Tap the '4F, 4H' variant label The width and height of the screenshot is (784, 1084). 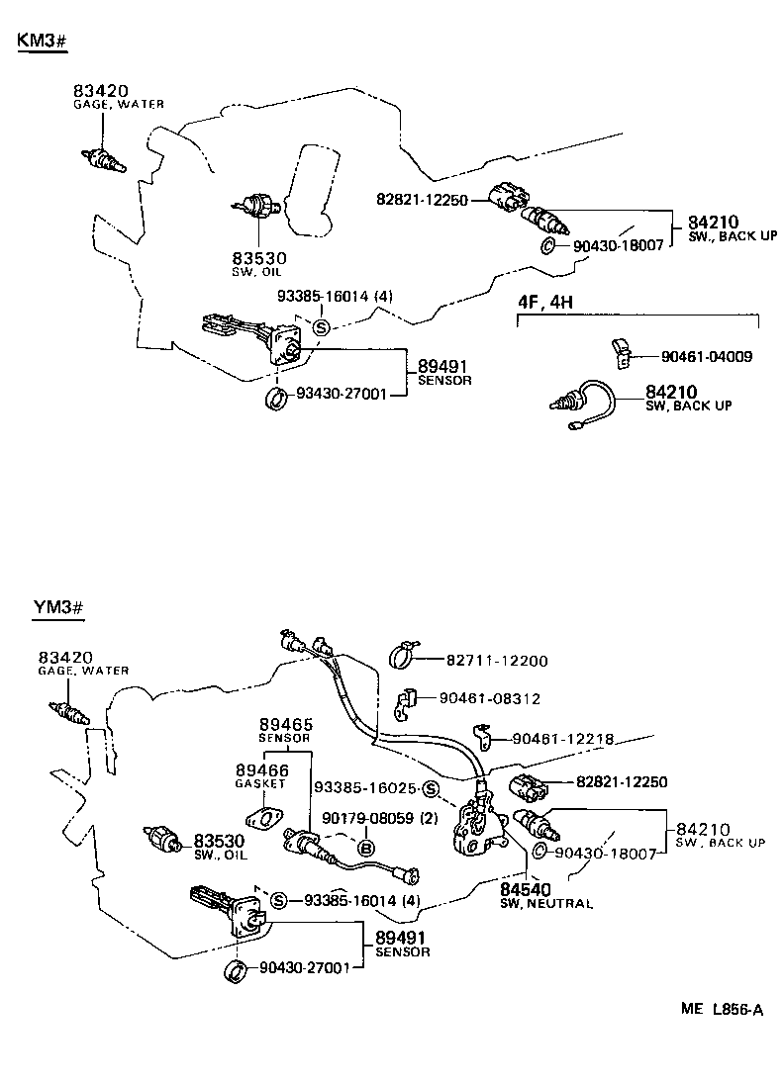click(545, 303)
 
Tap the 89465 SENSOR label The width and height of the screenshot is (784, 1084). click(285, 730)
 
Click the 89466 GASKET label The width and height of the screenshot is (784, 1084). click(261, 775)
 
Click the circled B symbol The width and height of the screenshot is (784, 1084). click(364, 848)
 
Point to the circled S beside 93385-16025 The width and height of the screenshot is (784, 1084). click(430, 788)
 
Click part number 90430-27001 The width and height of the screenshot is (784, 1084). click(305, 968)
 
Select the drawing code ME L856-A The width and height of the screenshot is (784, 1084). click(722, 1009)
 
